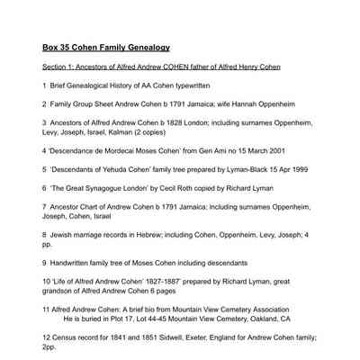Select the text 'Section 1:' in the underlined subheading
pos(58,67)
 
